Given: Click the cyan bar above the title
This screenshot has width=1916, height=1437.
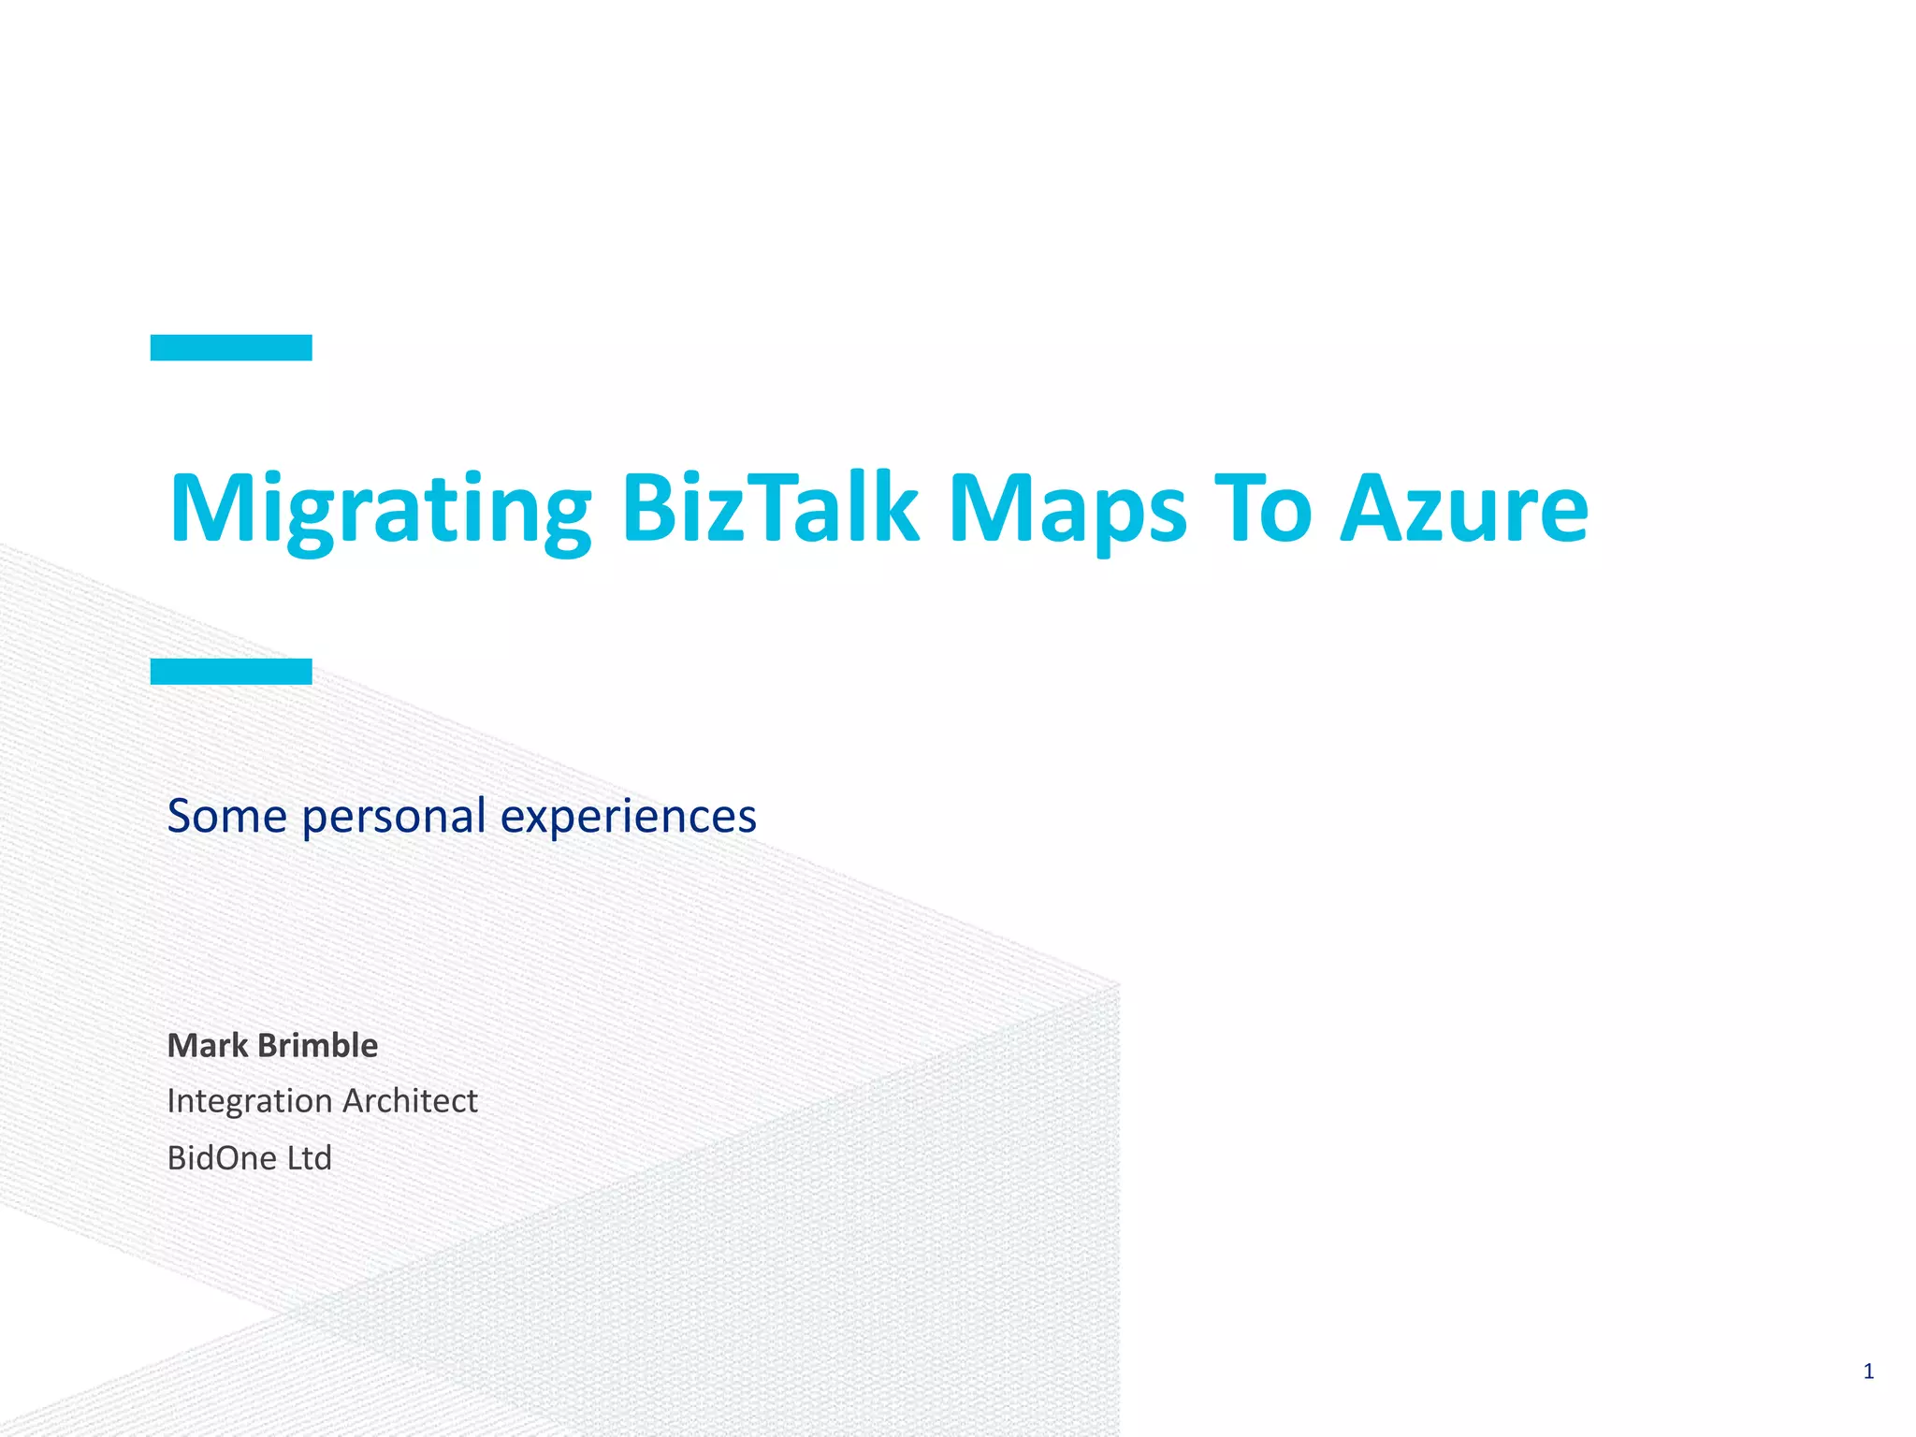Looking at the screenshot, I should coord(231,347).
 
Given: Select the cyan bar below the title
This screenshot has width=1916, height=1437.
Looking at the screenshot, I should coord(231,671).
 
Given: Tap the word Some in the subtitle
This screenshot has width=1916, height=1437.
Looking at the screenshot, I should coord(226,815).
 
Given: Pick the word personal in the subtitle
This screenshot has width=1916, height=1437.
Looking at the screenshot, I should coord(394,817).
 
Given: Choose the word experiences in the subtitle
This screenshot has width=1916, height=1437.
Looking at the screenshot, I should coord(628,817).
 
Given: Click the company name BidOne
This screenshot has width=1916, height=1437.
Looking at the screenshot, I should coord(222,1158).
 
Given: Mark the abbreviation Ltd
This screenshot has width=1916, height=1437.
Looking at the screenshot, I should coord(310,1158).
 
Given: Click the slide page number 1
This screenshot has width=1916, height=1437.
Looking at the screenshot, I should coord(1868,1372).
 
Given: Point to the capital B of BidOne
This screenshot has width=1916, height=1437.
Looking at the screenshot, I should coord(176,1158).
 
